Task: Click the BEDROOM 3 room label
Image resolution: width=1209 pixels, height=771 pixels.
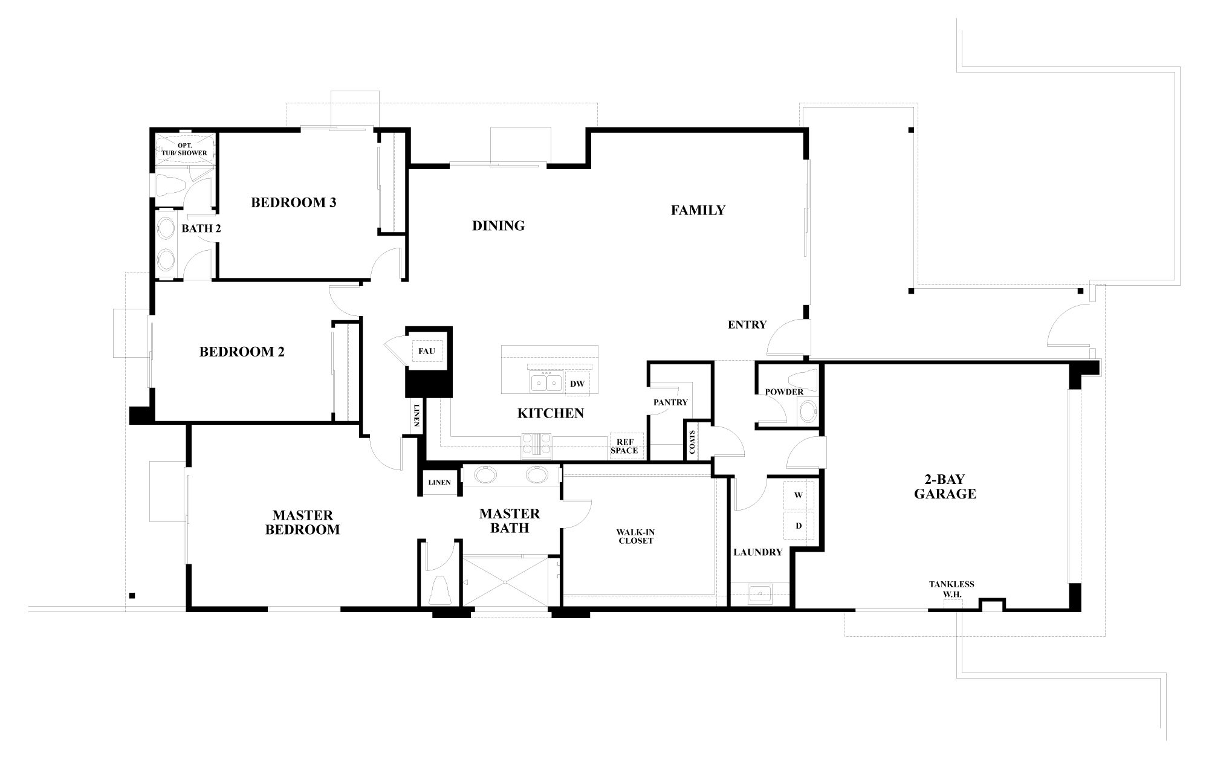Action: [293, 202]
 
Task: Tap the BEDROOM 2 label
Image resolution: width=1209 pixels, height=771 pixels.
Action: [242, 352]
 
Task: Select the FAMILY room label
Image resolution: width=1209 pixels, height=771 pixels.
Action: [698, 210]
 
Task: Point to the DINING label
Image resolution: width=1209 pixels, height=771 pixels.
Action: [498, 226]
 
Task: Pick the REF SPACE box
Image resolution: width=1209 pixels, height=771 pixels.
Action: [624, 447]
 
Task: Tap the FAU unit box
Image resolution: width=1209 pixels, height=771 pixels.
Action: [426, 351]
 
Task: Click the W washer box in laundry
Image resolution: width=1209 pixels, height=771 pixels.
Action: [798, 495]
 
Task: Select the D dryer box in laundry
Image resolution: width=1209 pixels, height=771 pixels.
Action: [798, 526]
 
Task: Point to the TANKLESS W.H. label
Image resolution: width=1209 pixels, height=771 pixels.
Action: [951, 589]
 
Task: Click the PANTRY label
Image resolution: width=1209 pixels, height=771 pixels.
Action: [670, 402]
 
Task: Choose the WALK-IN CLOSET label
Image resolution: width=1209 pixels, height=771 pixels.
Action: [635, 537]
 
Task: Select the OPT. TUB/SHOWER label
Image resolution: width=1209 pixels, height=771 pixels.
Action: [184, 149]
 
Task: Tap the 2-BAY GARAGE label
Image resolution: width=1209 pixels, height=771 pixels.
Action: [944, 487]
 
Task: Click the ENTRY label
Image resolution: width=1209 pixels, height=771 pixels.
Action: [747, 324]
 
